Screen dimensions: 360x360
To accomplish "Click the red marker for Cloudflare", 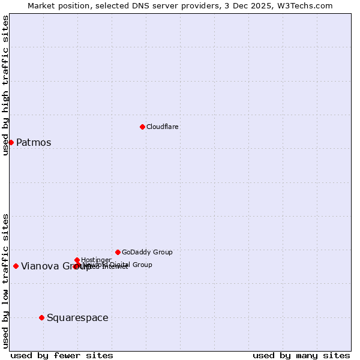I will [142, 127].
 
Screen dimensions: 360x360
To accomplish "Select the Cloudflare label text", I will [163, 127].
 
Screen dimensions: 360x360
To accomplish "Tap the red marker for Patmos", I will [11, 142].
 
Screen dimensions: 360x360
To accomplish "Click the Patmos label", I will [34, 143].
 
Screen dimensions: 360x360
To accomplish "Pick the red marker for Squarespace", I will [41, 317].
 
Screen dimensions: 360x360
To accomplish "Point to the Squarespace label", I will [77, 318].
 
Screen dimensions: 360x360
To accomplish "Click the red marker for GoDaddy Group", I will [118, 252].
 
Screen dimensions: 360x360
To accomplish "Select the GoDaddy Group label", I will [147, 252].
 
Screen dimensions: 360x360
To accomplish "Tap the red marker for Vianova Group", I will [16, 266].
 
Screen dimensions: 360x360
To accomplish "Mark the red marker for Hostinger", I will [77, 260].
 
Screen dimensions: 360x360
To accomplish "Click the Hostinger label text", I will [96, 260].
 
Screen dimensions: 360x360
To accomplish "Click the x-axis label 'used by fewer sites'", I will [62, 355].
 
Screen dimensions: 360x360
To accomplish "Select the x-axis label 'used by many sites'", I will [301, 355].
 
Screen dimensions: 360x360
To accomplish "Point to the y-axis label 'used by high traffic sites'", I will [5, 85].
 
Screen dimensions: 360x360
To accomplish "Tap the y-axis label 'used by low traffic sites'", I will [5, 281].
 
